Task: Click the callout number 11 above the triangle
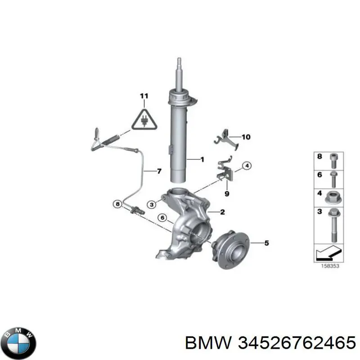click(x=144, y=96)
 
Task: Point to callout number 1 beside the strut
click(x=202, y=159)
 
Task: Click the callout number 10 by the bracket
click(x=246, y=137)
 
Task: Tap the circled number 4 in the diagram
click(x=247, y=166)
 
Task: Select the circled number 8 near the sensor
click(x=117, y=204)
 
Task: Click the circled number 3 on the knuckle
click(x=152, y=205)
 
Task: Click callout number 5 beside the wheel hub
click(x=266, y=243)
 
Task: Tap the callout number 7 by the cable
click(x=158, y=171)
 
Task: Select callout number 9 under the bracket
click(x=227, y=194)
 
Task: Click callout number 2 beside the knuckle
click(x=222, y=212)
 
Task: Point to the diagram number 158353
click(x=330, y=265)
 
